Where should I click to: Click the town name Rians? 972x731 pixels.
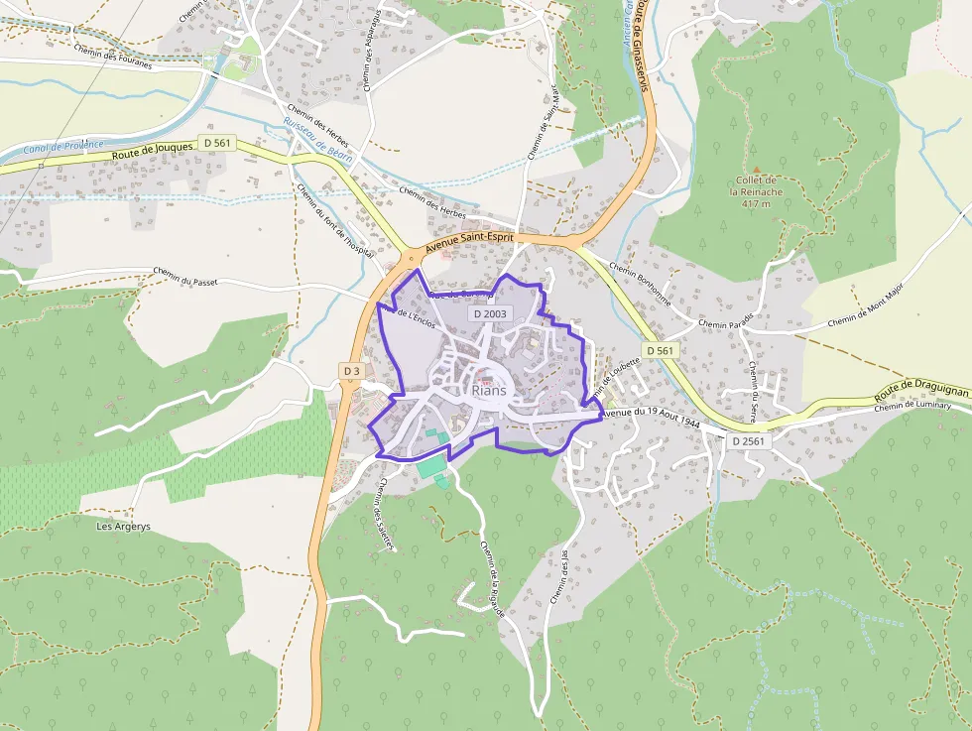click(490, 390)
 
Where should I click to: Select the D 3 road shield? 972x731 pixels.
click(351, 371)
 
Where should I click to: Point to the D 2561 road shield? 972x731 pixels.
click(750, 439)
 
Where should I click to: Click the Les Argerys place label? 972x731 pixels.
click(123, 526)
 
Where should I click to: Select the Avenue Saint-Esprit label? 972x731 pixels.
click(469, 245)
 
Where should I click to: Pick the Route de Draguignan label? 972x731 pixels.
click(920, 391)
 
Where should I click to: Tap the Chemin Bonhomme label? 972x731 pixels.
click(641, 285)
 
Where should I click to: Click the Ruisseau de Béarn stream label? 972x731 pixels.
click(312, 136)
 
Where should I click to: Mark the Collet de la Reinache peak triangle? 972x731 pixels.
click(756, 171)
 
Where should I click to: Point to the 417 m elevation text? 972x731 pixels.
click(756, 204)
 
